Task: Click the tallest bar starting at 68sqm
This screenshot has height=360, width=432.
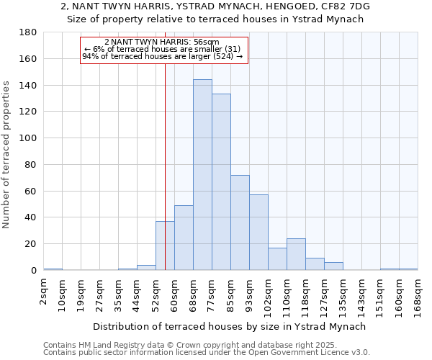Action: pos(202,175)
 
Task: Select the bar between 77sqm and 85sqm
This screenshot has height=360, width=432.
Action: pos(221,182)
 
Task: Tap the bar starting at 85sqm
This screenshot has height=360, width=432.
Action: pos(240,222)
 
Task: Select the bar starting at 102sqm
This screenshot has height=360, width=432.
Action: pos(277,259)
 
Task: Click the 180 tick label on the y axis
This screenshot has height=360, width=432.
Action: pos(28,32)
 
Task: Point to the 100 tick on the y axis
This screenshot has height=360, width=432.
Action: pos(28,138)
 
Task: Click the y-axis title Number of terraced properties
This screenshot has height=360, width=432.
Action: pos(6,155)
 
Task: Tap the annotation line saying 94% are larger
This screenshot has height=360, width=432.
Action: pos(163,55)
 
